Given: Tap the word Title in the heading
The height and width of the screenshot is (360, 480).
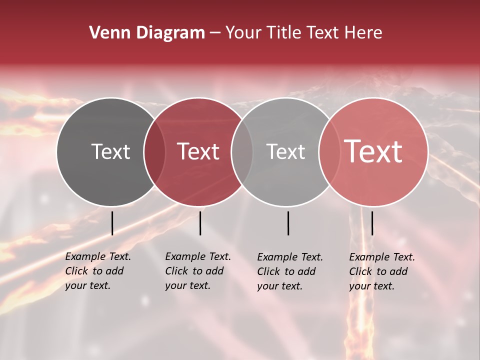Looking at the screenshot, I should pos(283,33).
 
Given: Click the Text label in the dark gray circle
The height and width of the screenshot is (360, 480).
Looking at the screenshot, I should pos(110,151).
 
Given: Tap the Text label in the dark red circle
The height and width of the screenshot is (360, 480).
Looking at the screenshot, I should pos(198,151).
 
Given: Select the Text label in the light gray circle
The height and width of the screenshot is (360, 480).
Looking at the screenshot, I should pos(285,151).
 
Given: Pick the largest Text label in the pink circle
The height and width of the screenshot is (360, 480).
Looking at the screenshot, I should pos(373,151).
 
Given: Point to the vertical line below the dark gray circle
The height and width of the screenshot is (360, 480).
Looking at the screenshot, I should pos(112,223).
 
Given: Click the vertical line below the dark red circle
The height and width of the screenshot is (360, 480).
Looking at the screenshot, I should pos(200,223).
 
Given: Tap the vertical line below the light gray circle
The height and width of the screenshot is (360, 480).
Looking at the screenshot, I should pos(288,223).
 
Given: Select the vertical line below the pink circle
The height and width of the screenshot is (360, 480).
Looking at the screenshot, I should pos(372,223).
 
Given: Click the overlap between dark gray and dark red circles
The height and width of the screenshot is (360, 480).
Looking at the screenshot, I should pos(154,151).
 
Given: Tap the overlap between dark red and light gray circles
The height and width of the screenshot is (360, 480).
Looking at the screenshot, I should pos(242,151).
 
